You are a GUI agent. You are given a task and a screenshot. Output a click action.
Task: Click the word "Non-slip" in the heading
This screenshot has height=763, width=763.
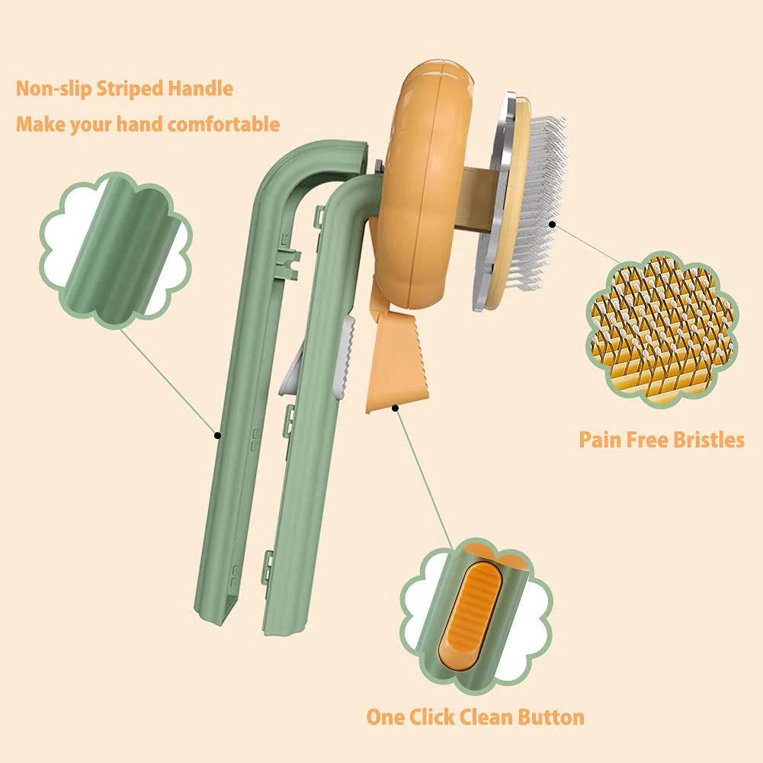[x=53, y=88]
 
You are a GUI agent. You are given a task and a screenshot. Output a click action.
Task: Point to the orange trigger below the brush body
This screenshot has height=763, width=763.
[x=396, y=358]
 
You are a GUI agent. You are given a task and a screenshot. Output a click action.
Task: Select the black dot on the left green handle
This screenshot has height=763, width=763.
[x=217, y=435]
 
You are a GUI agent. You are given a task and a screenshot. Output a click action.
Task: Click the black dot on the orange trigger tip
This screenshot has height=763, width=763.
[x=396, y=409]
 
